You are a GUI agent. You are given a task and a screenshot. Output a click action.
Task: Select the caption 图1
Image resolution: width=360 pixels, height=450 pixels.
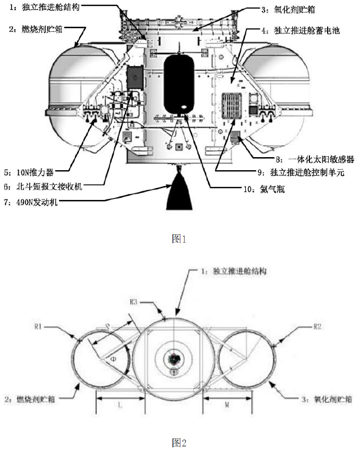click(x=179, y=239)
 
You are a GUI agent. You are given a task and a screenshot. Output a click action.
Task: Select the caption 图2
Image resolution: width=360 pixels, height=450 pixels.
click(x=179, y=443)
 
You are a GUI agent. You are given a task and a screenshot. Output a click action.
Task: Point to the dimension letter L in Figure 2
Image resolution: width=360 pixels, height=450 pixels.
click(x=119, y=405)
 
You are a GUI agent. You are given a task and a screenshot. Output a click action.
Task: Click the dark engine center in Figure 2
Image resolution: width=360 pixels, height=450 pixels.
click(x=173, y=359)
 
